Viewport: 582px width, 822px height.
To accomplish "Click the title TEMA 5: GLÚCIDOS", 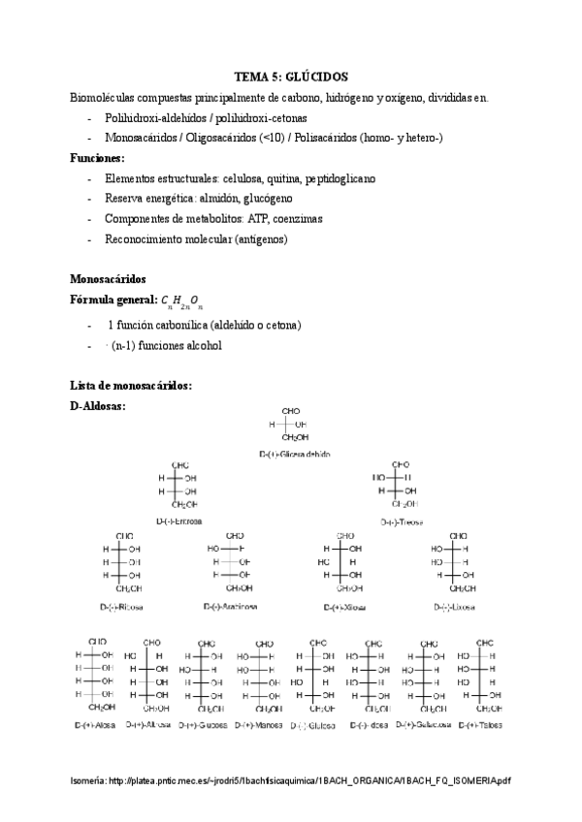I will [x=291, y=77].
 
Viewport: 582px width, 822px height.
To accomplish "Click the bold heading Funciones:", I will [x=98, y=158].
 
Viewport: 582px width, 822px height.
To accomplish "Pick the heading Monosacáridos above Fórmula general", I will [x=108, y=277].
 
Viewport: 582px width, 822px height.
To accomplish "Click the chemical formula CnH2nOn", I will [x=182, y=300].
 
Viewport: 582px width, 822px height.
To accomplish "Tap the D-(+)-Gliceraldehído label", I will [x=295, y=453].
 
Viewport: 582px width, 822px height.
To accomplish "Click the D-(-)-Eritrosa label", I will [x=180, y=521].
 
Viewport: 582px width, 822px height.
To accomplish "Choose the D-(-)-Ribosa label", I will [x=123, y=607].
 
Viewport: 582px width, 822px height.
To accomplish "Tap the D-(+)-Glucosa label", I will [x=203, y=724].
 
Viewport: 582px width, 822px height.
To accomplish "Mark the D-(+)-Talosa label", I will [x=479, y=724].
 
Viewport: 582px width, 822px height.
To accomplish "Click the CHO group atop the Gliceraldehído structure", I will [x=291, y=411].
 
